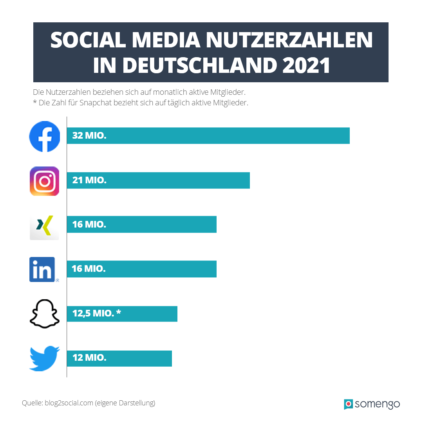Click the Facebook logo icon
point(45,136)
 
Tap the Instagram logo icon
point(45,181)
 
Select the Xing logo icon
point(44,225)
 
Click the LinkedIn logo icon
point(42,269)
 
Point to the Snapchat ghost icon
point(44,314)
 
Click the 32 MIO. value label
point(89,136)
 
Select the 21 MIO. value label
point(89,181)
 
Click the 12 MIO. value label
point(89,358)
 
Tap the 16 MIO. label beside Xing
point(89,225)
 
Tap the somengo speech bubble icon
point(348,404)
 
